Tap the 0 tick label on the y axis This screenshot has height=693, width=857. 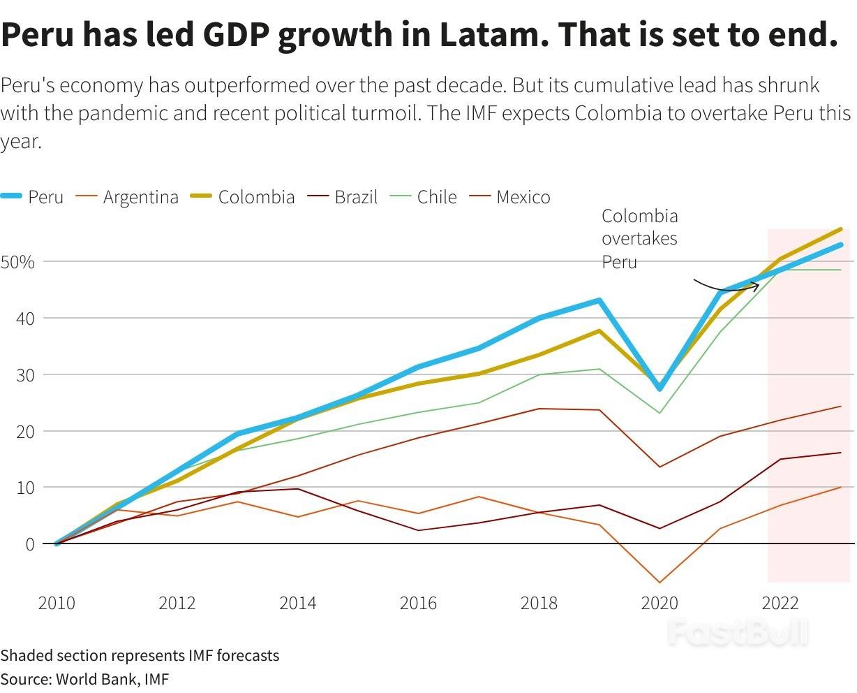point(29,544)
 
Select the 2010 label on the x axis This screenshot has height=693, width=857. point(57,603)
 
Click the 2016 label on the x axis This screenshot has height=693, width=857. point(418,603)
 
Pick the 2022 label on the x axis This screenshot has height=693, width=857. point(780,603)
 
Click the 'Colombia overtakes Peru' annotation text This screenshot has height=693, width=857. point(639,239)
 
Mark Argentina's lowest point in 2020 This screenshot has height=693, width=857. point(659,582)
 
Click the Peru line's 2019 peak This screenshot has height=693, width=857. point(599,300)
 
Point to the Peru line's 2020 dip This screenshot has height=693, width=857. point(659,388)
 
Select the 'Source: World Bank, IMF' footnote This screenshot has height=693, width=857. point(84,678)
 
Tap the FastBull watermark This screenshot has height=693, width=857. point(738,633)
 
